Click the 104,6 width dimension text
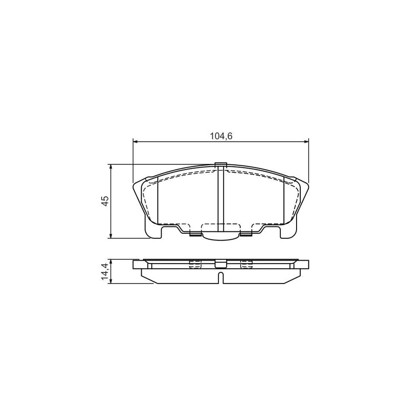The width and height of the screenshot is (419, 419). point(221,136)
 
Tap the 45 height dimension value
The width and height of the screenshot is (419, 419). point(105,201)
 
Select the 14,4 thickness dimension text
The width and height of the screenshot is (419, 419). point(105,271)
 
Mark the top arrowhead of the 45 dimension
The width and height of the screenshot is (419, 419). point(110,167)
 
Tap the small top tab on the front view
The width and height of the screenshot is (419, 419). point(221,164)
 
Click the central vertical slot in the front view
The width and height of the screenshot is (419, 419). point(221,200)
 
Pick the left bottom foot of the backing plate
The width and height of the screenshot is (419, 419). point(154,234)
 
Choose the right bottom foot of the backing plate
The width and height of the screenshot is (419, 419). point(287,234)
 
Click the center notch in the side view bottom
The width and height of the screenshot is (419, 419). point(221,278)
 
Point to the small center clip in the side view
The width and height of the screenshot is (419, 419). point(221,264)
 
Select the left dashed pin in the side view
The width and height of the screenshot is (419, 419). point(196,265)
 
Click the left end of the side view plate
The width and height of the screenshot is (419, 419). point(135,264)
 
